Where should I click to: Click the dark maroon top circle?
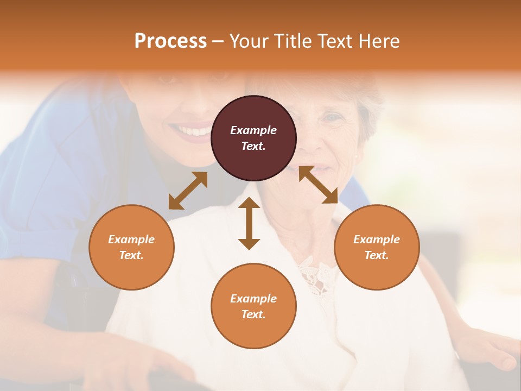(x=253, y=138)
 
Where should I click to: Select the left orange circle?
(x=131, y=247)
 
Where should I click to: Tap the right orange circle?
(x=377, y=247)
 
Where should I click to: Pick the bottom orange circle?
(x=253, y=306)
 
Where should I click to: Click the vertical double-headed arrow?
(x=249, y=223)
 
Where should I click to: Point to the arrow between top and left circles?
(x=188, y=191)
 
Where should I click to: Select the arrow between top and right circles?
(x=319, y=185)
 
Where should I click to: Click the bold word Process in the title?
(x=170, y=41)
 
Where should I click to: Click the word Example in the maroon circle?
(x=253, y=130)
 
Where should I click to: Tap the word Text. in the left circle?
(x=131, y=255)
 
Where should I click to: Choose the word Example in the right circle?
(x=377, y=239)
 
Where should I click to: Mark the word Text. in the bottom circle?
(x=253, y=314)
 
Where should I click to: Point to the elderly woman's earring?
(x=357, y=157)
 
